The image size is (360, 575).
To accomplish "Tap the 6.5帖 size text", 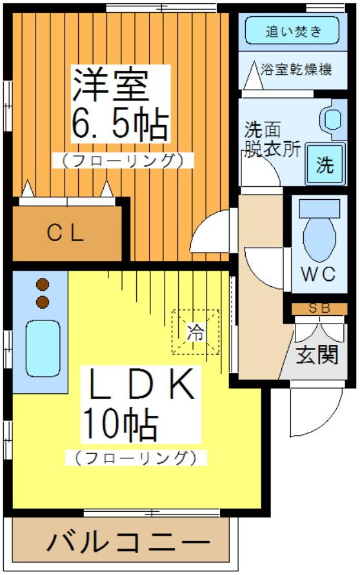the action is click(119, 124).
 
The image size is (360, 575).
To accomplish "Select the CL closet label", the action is click(65, 233).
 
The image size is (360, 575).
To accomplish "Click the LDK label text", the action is click(141, 384).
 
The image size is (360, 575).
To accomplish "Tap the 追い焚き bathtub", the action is click(292, 30).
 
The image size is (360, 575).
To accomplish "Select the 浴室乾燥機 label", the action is click(296, 70).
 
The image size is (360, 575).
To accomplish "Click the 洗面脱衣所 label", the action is click(272, 139).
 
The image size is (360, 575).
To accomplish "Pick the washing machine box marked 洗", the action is click(325, 164).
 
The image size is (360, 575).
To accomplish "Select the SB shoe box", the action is click(319, 308).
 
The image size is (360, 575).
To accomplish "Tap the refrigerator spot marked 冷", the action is click(195, 332).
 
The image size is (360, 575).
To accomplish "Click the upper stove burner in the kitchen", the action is click(43, 284).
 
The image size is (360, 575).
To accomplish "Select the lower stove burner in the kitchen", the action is click(43, 302).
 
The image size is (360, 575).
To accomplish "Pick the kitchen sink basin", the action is click(43, 347).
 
